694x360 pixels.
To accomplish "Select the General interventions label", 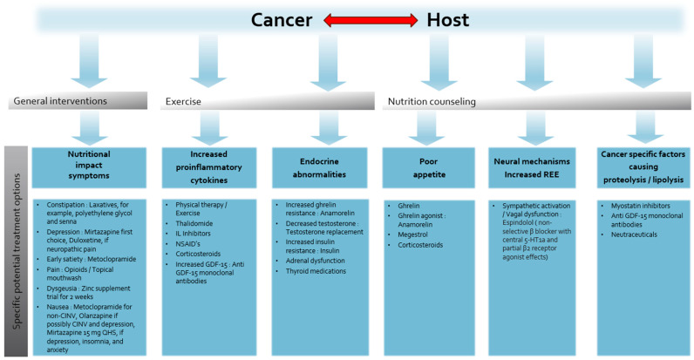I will point(60,101).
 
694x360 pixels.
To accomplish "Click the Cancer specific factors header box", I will point(638,166).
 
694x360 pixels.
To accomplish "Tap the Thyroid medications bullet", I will point(314,271).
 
